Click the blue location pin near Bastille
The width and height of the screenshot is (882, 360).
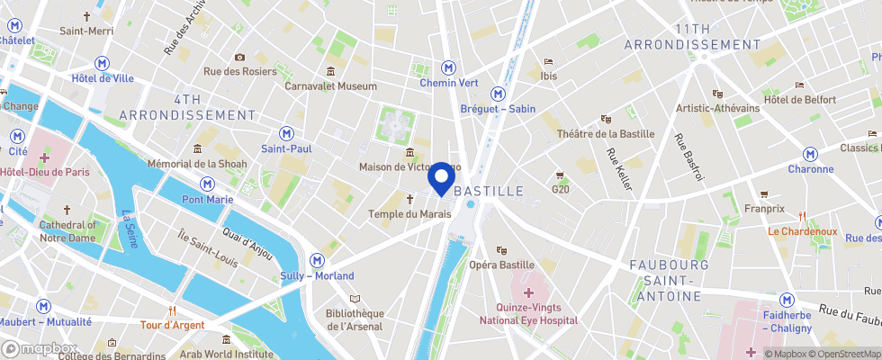tap(442, 178)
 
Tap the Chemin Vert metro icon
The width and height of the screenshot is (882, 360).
tap(447, 67)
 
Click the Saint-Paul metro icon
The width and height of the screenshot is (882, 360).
tap(286, 132)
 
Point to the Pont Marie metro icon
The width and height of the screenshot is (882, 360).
tap(208, 183)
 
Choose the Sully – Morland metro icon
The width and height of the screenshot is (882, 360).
tap(317, 260)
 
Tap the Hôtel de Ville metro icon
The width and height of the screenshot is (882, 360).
tap(103, 62)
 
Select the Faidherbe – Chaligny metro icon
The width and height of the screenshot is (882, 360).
tap(787, 300)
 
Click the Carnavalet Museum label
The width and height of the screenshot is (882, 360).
tap(330, 86)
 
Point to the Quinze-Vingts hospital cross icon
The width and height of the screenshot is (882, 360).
tap(528, 293)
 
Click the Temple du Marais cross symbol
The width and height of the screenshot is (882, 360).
tap(409, 199)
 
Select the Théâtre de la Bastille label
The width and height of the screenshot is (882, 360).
tap(606, 134)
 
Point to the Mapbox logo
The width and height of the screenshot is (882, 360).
tap(40, 349)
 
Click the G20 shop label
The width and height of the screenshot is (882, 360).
tap(561, 190)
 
